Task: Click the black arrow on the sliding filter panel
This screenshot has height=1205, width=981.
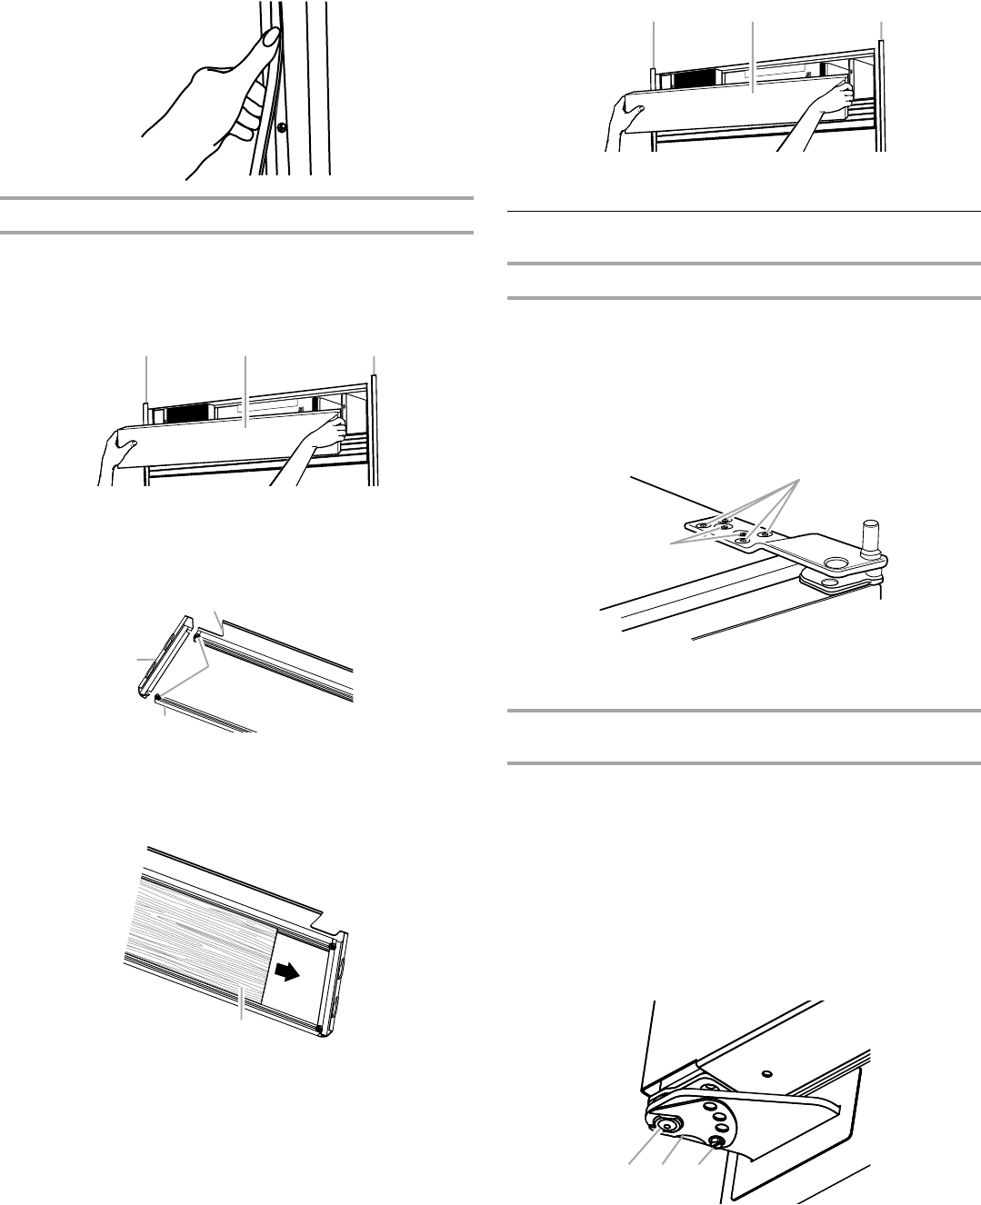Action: click(x=285, y=972)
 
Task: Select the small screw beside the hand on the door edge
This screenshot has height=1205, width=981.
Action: click(x=282, y=128)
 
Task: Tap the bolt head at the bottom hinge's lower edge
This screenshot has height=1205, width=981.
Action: click(x=716, y=1140)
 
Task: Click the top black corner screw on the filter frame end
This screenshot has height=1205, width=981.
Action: click(x=333, y=947)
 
